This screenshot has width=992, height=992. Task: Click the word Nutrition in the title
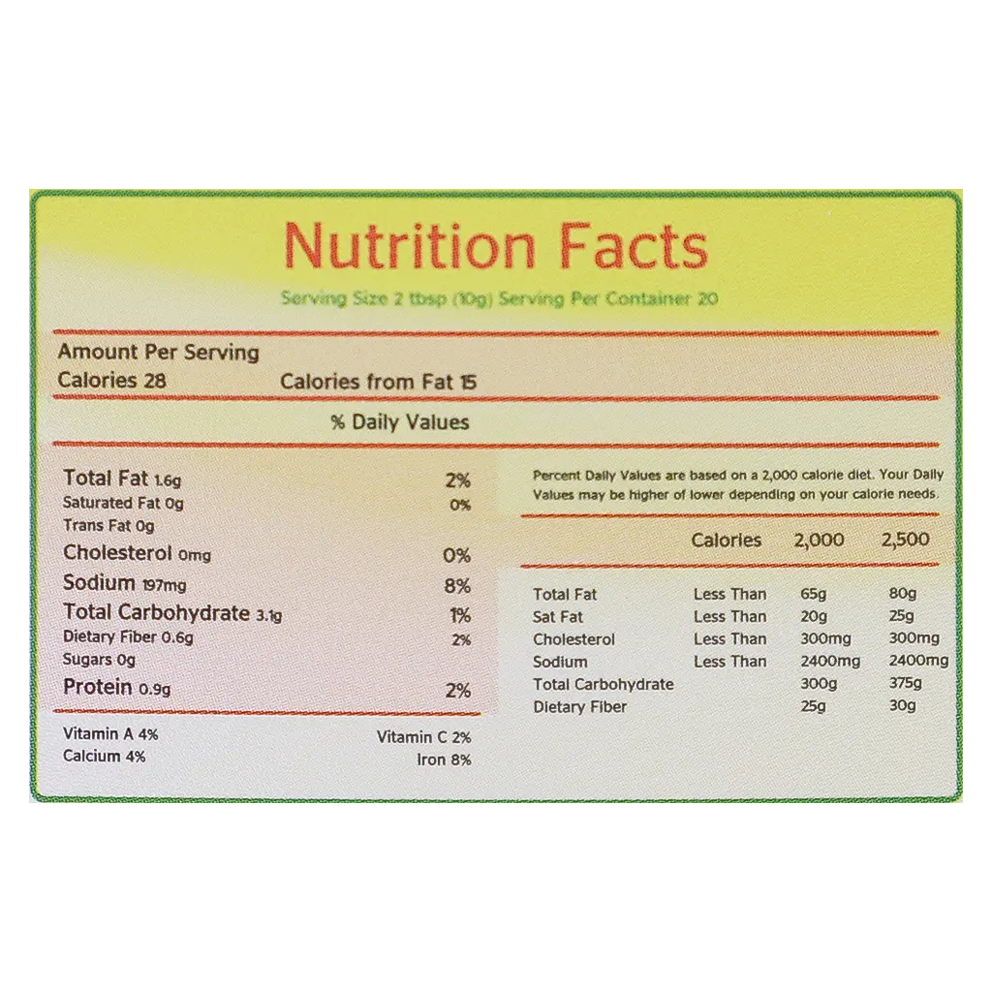(x=410, y=246)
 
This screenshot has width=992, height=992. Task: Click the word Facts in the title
(x=634, y=246)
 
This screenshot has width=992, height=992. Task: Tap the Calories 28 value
(x=112, y=380)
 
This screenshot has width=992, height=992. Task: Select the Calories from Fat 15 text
(x=379, y=382)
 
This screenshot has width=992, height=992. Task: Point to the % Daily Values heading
(x=400, y=422)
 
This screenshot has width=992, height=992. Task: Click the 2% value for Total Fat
(x=457, y=480)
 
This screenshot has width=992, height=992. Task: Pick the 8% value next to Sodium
(x=457, y=586)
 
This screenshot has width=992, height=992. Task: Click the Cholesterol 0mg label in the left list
(x=138, y=553)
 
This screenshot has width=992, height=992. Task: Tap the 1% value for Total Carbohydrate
(x=460, y=615)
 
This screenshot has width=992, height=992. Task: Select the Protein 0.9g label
(x=117, y=687)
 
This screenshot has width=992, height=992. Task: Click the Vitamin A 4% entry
(x=110, y=734)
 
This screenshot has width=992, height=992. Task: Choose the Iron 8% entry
(x=444, y=759)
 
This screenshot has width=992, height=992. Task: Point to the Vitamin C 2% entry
(x=424, y=737)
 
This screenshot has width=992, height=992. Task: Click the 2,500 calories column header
(x=906, y=540)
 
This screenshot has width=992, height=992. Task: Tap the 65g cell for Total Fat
(x=814, y=594)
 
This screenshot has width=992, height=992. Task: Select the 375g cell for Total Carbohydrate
(x=906, y=683)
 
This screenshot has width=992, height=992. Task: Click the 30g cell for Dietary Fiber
(x=903, y=705)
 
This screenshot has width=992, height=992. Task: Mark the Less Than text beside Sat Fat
(x=730, y=616)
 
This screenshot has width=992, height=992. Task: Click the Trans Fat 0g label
(x=108, y=526)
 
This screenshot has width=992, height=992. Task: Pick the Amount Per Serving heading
(x=159, y=353)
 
